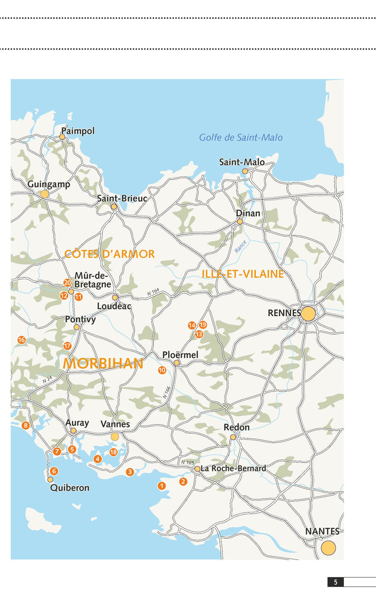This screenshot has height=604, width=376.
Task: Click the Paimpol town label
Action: (78, 131)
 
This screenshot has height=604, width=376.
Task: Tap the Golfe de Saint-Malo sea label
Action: (241, 137)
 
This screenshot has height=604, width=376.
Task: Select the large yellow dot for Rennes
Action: (308, 314)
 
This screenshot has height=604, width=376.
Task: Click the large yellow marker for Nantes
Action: (328, 548)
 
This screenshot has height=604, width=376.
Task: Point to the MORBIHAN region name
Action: (103, 363)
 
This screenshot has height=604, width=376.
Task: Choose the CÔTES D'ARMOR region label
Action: (110, 254)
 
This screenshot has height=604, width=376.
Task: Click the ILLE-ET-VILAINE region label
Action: (243, 274)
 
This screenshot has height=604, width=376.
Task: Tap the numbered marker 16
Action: (21, 340)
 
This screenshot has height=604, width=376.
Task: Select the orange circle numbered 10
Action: (162, 370)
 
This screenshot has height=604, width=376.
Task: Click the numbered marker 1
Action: (161, 486)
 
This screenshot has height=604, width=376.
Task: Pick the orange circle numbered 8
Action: (25, 426)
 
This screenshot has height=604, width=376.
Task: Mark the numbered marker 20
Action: (68, 282)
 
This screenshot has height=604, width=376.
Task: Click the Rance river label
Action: (241, 246)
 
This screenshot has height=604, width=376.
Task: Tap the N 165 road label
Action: (187, 462)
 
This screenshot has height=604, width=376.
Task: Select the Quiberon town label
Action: (70, 489)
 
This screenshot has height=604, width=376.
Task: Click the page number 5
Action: (335, 582)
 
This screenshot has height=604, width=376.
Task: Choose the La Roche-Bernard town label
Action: (234, 469)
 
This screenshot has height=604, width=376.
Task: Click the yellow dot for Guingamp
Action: (45, 194)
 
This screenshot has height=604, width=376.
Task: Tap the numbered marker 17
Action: (68, 346)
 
